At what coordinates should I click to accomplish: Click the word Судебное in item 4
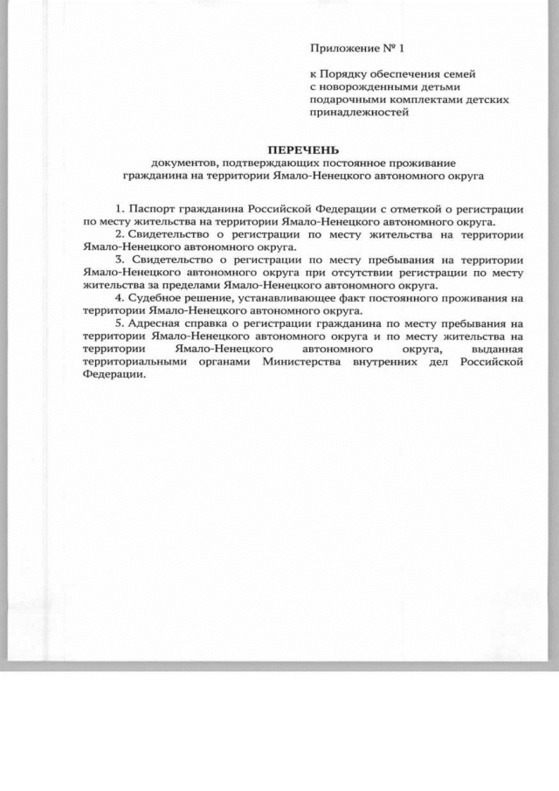point(155,298)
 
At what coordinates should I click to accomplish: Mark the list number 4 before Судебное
point(118,298)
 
